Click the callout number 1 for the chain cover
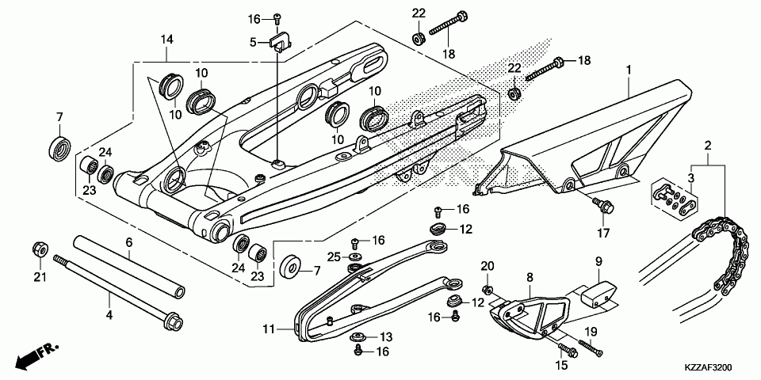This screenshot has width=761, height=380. (628, 70)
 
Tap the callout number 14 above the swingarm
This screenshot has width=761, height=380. (166, 40)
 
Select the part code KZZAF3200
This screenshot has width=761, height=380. (708, 368)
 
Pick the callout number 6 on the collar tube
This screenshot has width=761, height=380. (127, 243)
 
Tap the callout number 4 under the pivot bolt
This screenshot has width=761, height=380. (109, 315)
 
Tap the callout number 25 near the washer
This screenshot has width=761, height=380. (334, 256)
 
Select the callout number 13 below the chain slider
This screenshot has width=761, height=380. (386, 336)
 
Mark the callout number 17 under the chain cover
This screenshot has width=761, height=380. (605, 233)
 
